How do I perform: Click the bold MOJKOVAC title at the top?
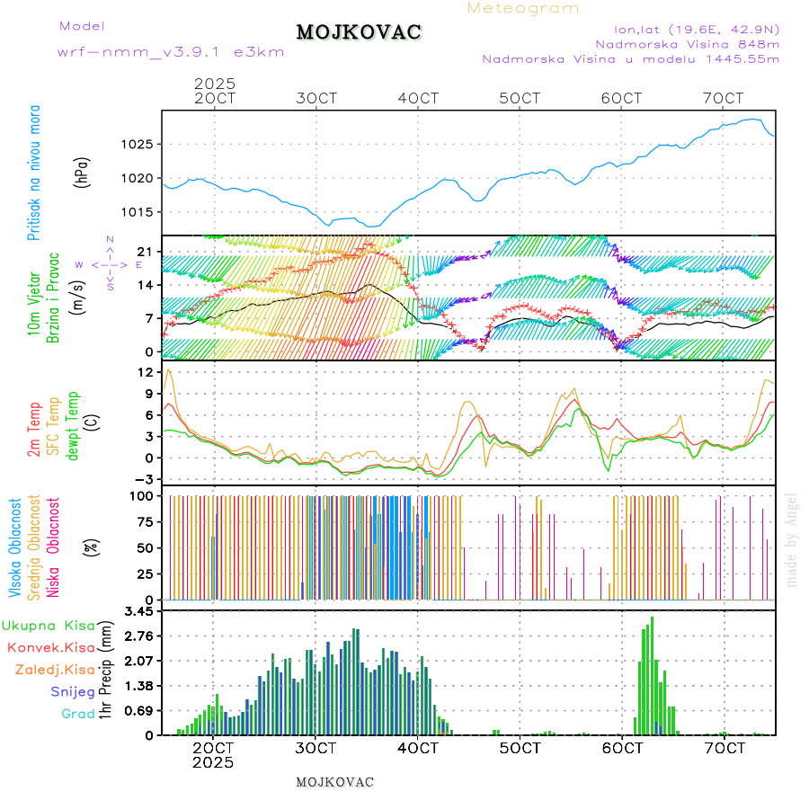tap(359, 32)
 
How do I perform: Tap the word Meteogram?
tap(523, 8)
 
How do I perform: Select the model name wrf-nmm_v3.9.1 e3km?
tap(171, 52)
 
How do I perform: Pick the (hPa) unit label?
tap(83, 171)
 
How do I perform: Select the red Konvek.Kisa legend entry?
tap(49, 647)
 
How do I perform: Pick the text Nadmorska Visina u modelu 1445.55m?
tap(630, 59)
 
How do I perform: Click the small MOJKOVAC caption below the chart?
tap(334, 782)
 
